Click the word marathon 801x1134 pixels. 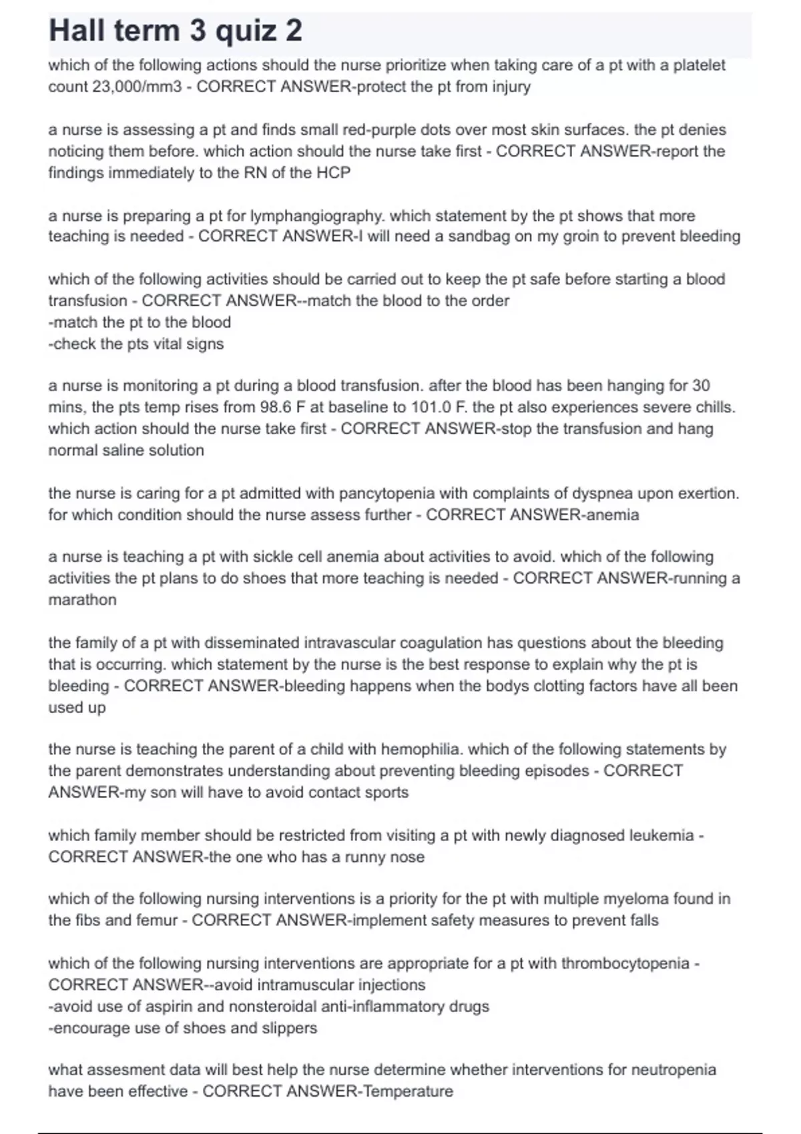tap(82, 600)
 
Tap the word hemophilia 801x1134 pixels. tap(420, 749)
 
